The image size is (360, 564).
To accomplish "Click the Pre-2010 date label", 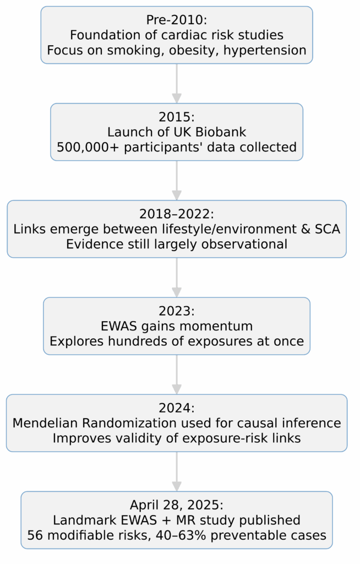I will coord(176,20).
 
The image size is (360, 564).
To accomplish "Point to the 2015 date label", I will coord(176,118).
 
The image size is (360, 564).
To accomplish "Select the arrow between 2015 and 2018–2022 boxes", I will coord(176,180).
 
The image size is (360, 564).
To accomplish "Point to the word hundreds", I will coord(136,341).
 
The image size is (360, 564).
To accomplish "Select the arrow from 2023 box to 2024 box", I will coord(176,374).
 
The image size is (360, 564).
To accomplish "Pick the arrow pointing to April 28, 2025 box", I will coord(176,471).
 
